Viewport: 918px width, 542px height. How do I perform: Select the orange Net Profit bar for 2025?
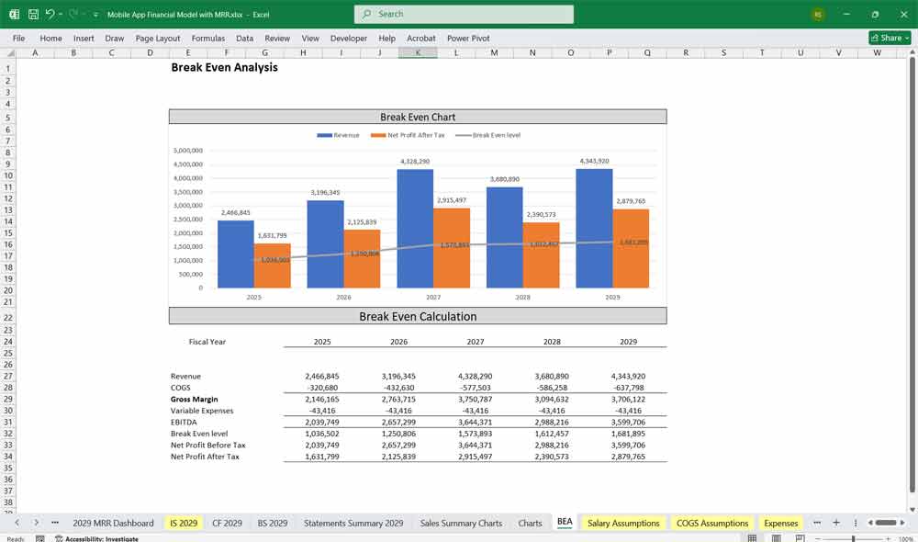point(272,265)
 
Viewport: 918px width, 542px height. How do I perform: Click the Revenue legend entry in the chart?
point(339,135)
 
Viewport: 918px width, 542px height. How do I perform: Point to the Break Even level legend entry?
point(496,135)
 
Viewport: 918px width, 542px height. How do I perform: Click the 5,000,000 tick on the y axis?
point(187,151)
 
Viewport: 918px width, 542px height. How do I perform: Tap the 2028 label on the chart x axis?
point(522,298)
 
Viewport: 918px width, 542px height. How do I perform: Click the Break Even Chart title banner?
point(418,117)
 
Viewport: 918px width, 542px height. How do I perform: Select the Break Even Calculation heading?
point(418,316)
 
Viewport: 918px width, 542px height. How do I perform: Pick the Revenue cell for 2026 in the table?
point(398,377)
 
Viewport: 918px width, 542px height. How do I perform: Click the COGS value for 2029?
point(628,388)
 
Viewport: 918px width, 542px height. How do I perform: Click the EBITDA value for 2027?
point(475,423)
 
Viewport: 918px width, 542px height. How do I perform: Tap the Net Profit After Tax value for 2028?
point(551,457)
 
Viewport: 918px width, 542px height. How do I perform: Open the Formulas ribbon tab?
point(207,39)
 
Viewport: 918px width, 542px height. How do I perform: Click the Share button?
point(890,38)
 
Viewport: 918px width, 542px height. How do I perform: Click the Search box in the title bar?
point(464,14)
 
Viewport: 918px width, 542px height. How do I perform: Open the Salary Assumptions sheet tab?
point(623,523)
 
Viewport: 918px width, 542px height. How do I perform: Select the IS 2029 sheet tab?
point(183,523)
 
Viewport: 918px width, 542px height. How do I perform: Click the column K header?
point(418,53)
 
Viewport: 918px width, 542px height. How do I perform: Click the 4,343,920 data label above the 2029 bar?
point(594,162)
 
